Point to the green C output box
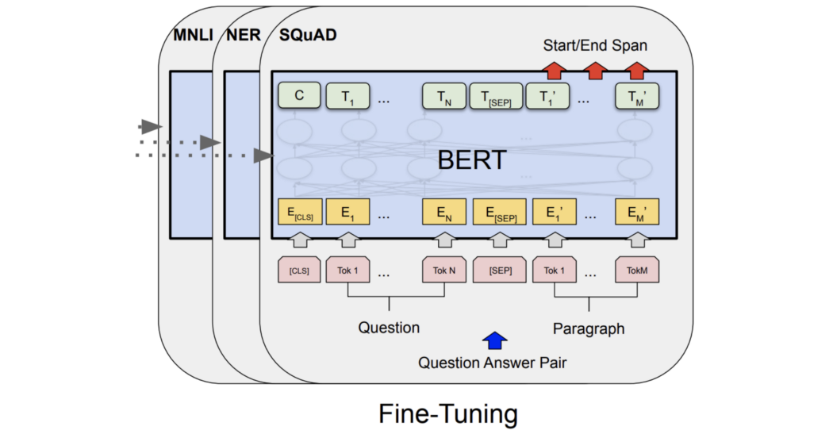coord(299,96)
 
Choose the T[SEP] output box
coord(496,96)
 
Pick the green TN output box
coord(443,96)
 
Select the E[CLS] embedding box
coord(300,212)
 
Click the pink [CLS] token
coord(299,271)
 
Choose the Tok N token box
coord(444,271)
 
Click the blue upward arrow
coord(495,340)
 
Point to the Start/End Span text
coord(594,45)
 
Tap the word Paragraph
coord(588,328)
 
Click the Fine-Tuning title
coord(447,413)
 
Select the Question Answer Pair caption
coord(493,363)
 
